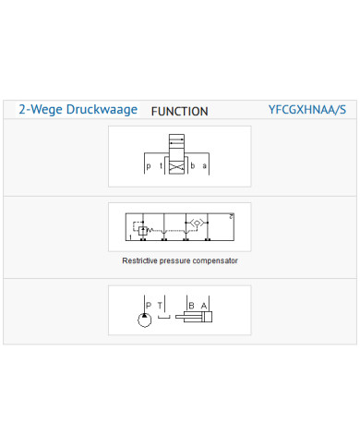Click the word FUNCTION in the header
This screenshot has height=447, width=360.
click(180, 112)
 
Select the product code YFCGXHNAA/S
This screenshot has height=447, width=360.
click(307, 110)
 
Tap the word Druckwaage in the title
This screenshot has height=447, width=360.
click(102, 110)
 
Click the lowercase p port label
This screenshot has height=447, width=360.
click(149, 166)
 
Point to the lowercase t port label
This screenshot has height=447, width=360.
click(161, 165)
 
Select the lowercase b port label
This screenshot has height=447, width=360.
click(193, 165)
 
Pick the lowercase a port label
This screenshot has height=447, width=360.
click(204, 166)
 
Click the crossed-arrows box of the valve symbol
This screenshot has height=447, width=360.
click(176, 167)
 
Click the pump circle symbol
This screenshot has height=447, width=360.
click(145, 320)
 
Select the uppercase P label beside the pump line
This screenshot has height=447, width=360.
click(149, 305)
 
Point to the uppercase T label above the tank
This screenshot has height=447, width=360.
click(160, 306)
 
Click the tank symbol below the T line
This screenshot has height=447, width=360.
click(164, 318)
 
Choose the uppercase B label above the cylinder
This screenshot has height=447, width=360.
click(191, 306)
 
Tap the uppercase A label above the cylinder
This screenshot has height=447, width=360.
click(204, 306)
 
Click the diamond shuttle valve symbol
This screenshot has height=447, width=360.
click(197, 223)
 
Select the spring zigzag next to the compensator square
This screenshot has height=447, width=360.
click(150, 230)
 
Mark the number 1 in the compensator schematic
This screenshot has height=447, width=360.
click(130, 237)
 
